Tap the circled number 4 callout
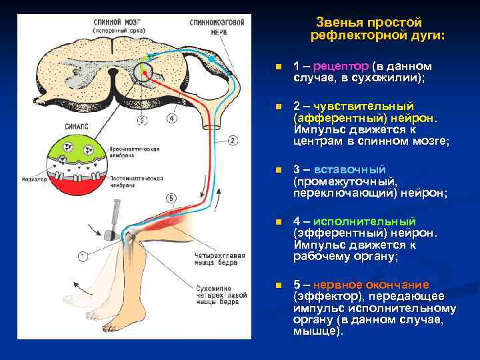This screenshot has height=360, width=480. [172, 119]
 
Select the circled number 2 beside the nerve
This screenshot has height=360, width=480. [233, 141]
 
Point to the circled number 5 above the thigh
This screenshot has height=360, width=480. [171, 198]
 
